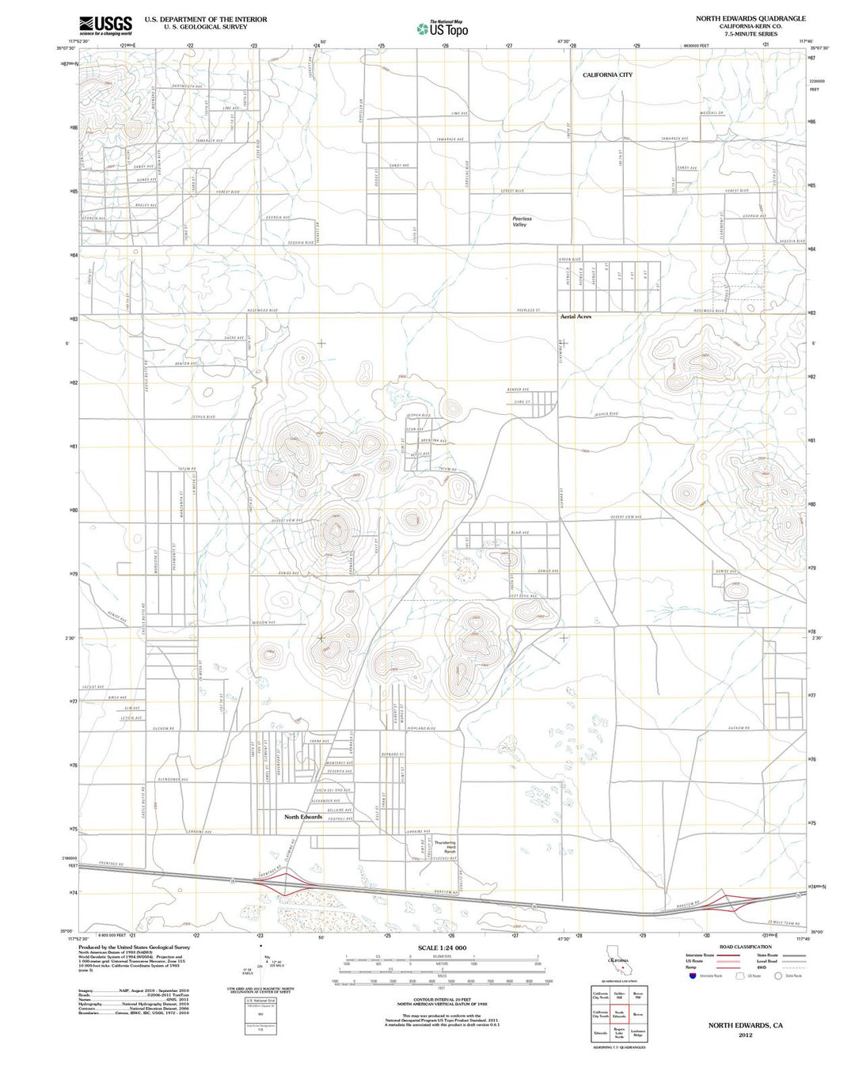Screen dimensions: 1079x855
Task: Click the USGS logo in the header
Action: coord(105,24)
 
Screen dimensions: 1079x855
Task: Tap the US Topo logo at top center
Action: coord(443,28)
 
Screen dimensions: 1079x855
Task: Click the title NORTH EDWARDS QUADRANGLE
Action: coord(750,18)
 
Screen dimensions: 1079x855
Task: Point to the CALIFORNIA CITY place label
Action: coord(607,74)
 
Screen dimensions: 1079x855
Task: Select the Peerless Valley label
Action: coord(522,222)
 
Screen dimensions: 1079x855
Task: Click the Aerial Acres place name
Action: coord(576,317)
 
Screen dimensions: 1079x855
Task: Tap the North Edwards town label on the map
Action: coord(303,817)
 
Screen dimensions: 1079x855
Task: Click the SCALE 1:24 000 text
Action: coord(442,948)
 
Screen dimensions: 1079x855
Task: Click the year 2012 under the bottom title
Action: coord(745,1035)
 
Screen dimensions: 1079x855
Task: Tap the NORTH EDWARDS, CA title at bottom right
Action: coord(745,1025)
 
